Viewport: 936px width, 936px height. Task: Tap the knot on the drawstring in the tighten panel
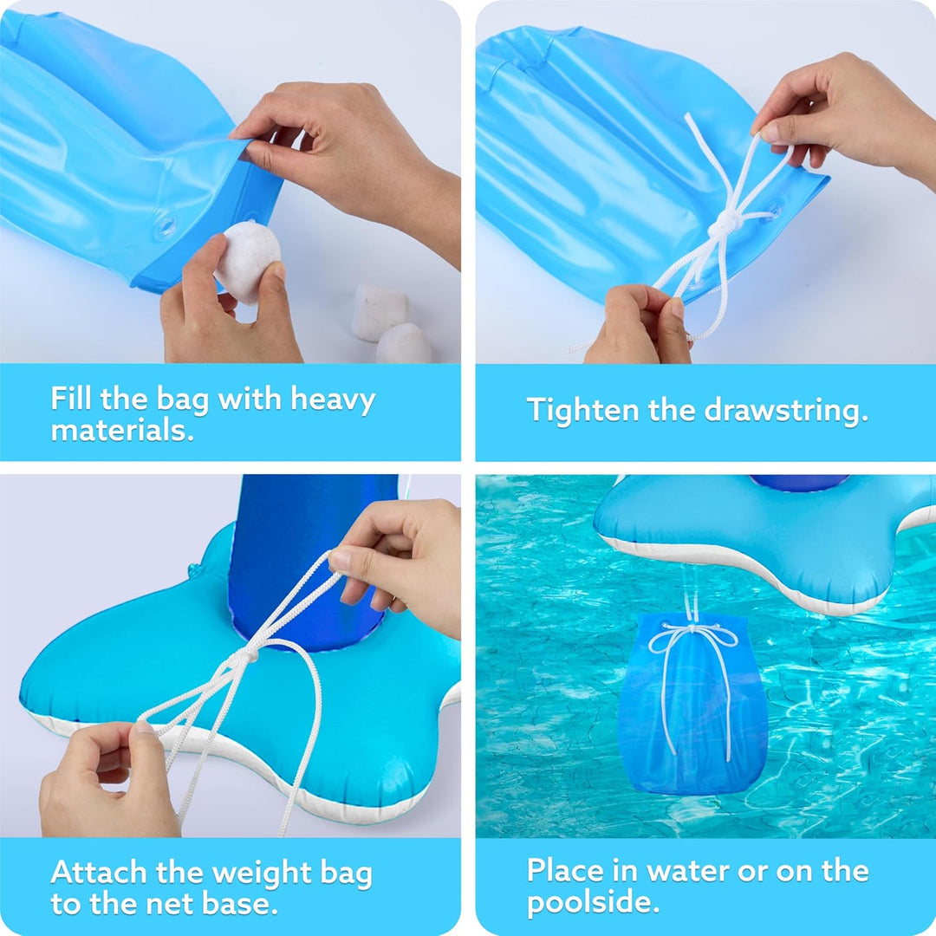723,224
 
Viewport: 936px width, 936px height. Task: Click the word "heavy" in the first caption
333,400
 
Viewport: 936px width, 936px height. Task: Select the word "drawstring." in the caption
785,412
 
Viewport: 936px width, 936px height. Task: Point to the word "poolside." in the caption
594,902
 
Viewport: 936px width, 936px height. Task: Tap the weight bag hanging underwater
692,705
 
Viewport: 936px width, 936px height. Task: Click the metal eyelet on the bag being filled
166,227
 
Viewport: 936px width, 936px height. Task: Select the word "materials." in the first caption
122,430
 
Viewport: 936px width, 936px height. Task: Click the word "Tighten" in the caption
582,412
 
